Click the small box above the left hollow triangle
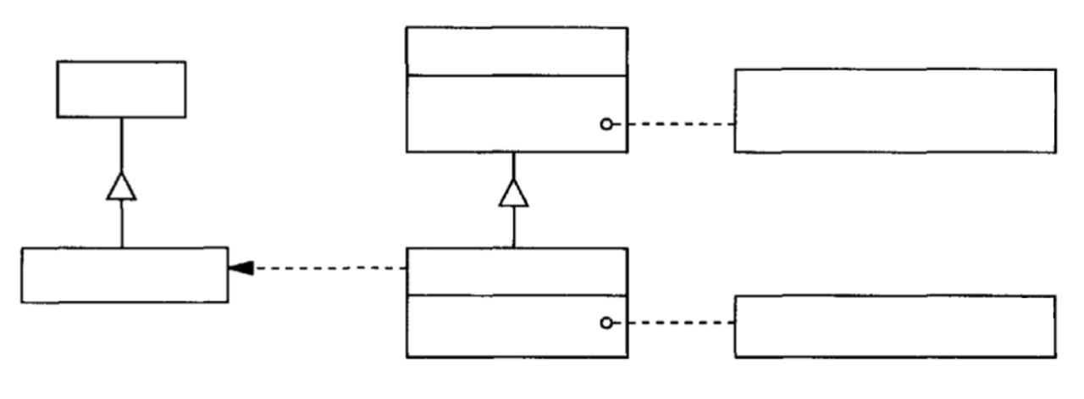coord(121,89)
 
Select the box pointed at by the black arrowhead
coord(124,274)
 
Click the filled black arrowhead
coord(241,268)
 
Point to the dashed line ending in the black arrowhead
coord(330,268)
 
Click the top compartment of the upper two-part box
coord(517,51)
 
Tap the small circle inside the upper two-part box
coord(606,125)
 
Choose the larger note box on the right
coord(895,110)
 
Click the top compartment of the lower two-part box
coord(517,271)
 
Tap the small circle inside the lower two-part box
coord(606,323)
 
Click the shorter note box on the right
coord(895,326)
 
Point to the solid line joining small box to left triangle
coord(121,144)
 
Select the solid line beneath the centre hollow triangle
coord(514,227)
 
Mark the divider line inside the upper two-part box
coord(517,75)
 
